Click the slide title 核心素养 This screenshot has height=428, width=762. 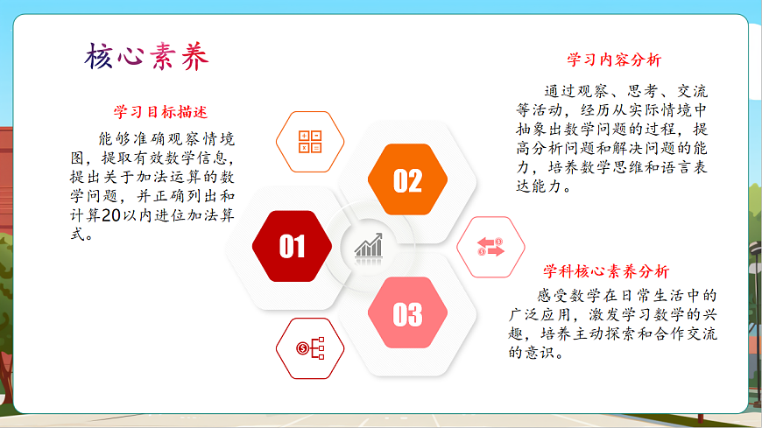click(147, 58)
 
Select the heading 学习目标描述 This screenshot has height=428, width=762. click(160, 112)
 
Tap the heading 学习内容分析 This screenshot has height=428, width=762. click(613, 60)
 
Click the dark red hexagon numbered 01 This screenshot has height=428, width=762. click(292, 247)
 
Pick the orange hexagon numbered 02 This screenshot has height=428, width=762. click(407, 180)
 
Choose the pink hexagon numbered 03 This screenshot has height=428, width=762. click(407, 314)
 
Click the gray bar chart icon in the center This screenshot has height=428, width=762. click(369, 245)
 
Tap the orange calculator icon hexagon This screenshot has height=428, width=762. click(310, 141)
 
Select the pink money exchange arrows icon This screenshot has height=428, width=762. click(491, 247)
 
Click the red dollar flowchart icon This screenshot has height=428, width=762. click(310, 348)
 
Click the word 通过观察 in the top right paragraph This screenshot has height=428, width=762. click(575, 90)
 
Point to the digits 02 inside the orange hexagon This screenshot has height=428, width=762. click(407, 180)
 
